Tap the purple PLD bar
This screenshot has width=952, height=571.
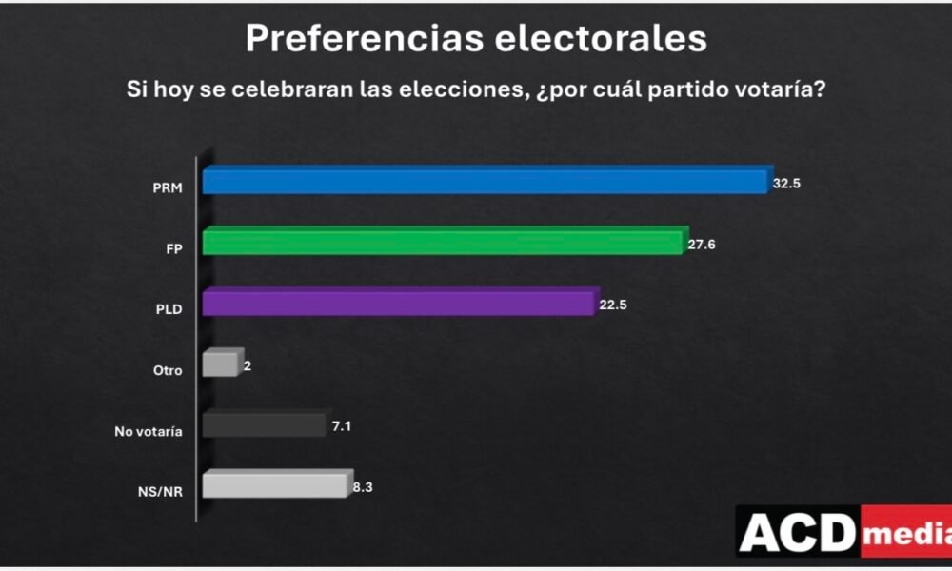[399, 304]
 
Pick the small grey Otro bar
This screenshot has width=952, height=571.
[220, 364]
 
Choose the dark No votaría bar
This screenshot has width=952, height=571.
[264, 425]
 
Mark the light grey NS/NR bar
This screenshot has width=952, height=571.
[273, 485]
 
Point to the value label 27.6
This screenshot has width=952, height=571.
[701, 245]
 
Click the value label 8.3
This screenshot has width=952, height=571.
[362, 488]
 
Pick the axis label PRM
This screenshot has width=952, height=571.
[168, 187]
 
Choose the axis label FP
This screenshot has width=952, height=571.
[173, 247]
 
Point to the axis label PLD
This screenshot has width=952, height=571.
[169, 309]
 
